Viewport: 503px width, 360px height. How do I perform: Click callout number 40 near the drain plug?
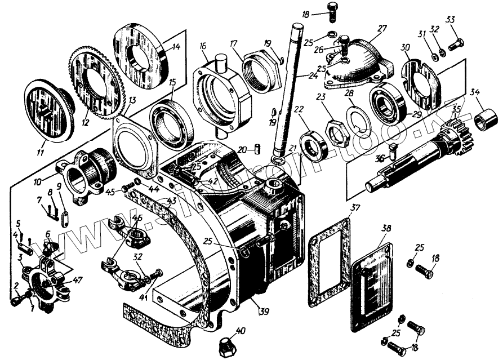pos(241,331)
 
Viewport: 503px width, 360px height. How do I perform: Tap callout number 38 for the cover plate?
pos(385,230)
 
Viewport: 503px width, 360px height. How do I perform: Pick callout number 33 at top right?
pos(450,20)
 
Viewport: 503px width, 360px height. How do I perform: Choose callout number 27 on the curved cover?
pos(382,28)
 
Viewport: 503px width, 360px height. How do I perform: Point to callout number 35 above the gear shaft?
pos(455,109)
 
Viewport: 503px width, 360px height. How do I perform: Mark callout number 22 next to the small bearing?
pos(299,109)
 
